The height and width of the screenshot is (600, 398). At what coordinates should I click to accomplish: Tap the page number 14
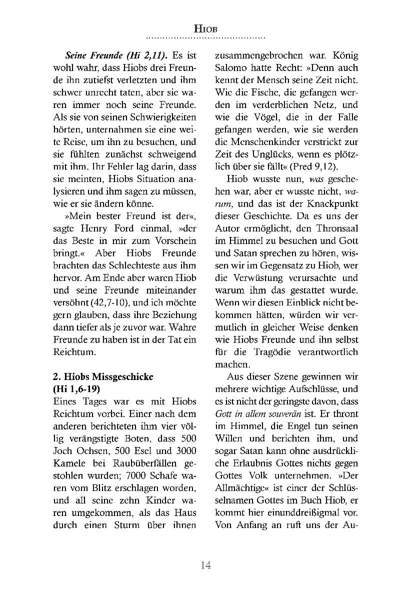coord(205,565)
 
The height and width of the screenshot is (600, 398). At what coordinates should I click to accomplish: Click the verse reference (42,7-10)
coord(100,303)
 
